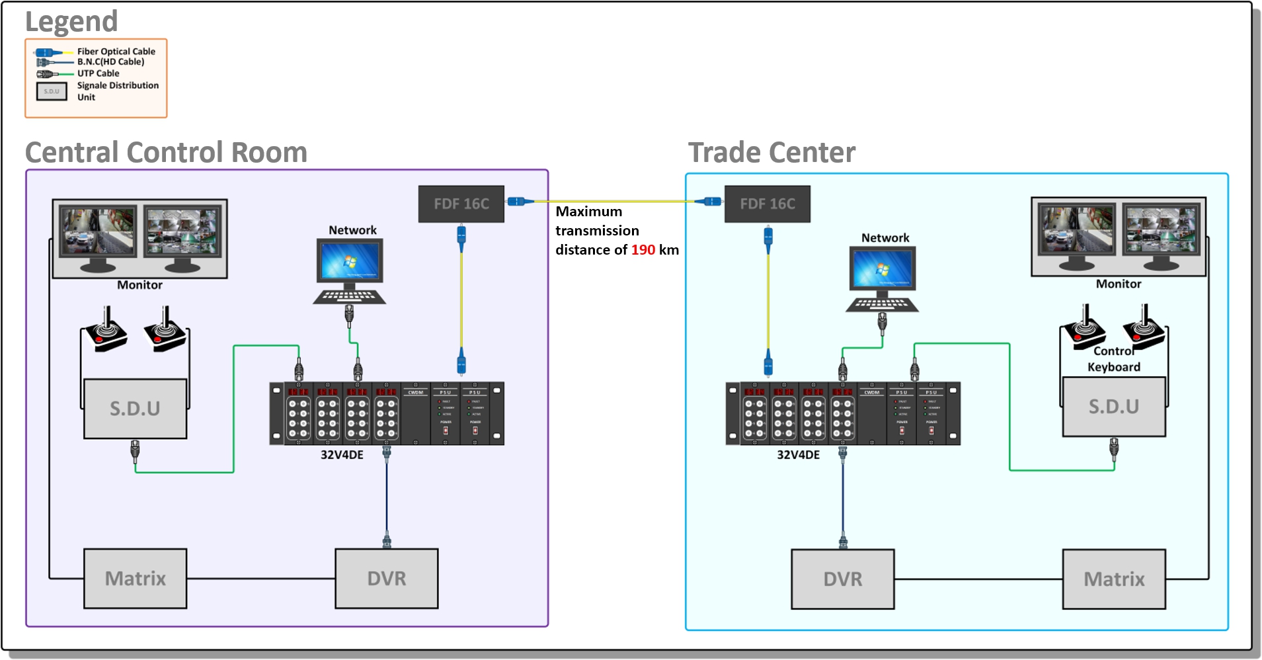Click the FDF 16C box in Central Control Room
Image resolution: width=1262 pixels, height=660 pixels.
(x=461, y=204)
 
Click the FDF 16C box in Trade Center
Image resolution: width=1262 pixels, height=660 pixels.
(x=767, y=204)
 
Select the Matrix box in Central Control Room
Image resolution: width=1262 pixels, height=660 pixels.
(x=135, y=579)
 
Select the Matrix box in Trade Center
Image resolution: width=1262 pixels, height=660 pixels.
(x=1114, y=579)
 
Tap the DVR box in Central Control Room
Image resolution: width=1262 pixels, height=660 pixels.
(x=386, y=579)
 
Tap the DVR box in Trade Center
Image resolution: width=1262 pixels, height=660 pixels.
(x=842, y=579)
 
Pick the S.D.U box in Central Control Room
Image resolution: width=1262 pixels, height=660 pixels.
(x=135, y=409)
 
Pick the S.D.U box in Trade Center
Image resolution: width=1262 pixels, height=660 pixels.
(x=1114, y=407)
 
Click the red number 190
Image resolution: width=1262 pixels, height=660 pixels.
(x=643, y=250)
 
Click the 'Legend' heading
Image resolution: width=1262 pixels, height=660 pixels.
(x=71, y=22)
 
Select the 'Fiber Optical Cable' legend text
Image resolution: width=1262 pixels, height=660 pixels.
(x=116, y=51)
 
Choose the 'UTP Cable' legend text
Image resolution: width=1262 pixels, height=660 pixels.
(x=99, y=73)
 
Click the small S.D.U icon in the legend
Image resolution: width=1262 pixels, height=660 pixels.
(x=52, y=91)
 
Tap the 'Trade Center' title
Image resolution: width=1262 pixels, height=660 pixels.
(x=771, y=153)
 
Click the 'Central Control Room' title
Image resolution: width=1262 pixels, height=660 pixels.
(x=166, y=153)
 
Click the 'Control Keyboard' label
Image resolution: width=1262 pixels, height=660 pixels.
(x=1114, y=359)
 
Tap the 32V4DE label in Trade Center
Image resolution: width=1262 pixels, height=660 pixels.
(x=798, y=455)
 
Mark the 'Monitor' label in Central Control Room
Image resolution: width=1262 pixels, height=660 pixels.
(x=139, y=285)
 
